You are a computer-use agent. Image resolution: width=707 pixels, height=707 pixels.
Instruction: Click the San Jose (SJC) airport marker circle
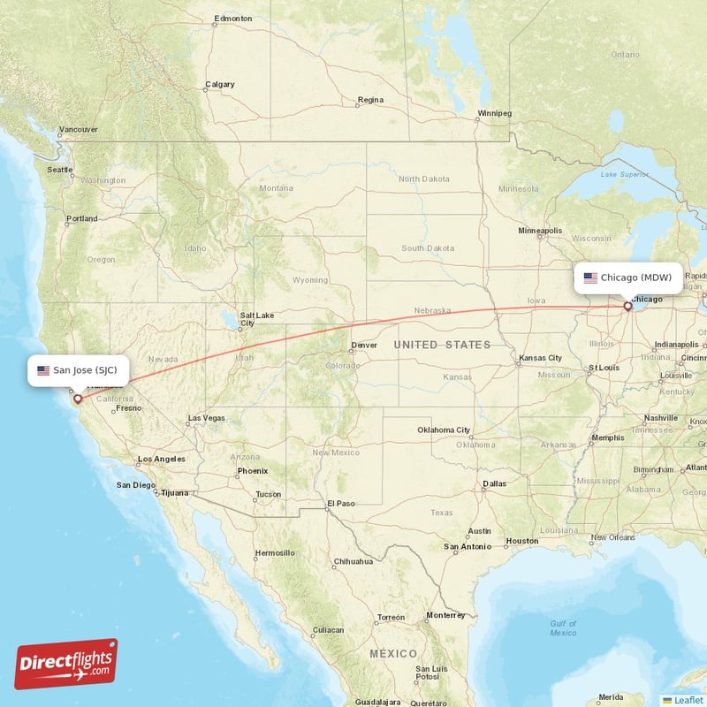(78, 399)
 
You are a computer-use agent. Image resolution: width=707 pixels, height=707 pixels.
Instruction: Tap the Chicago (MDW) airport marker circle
(628, 307)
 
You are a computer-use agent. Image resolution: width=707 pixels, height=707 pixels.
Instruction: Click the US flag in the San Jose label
(43, 370)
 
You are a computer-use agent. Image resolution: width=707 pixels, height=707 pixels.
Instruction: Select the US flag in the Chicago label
(590, 277)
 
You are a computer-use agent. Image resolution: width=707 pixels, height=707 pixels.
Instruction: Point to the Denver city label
(363, 346)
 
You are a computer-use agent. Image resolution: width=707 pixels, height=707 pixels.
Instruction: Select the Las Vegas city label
(206, 418)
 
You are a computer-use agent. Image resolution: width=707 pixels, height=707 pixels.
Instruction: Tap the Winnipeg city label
(494, 114)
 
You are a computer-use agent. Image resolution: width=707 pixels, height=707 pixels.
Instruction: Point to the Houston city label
(521, 541)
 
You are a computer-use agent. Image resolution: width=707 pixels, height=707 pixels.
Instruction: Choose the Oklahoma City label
(444, 430)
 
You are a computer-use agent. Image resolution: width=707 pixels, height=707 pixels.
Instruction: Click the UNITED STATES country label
(442, 345)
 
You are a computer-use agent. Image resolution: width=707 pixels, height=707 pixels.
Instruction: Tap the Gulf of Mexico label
(563, 628)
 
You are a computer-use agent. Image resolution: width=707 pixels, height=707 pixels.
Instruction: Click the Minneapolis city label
(540, 231)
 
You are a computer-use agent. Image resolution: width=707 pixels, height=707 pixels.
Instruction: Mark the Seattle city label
(60, 170)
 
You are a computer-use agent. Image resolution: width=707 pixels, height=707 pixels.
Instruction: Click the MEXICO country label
(393, 653)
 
